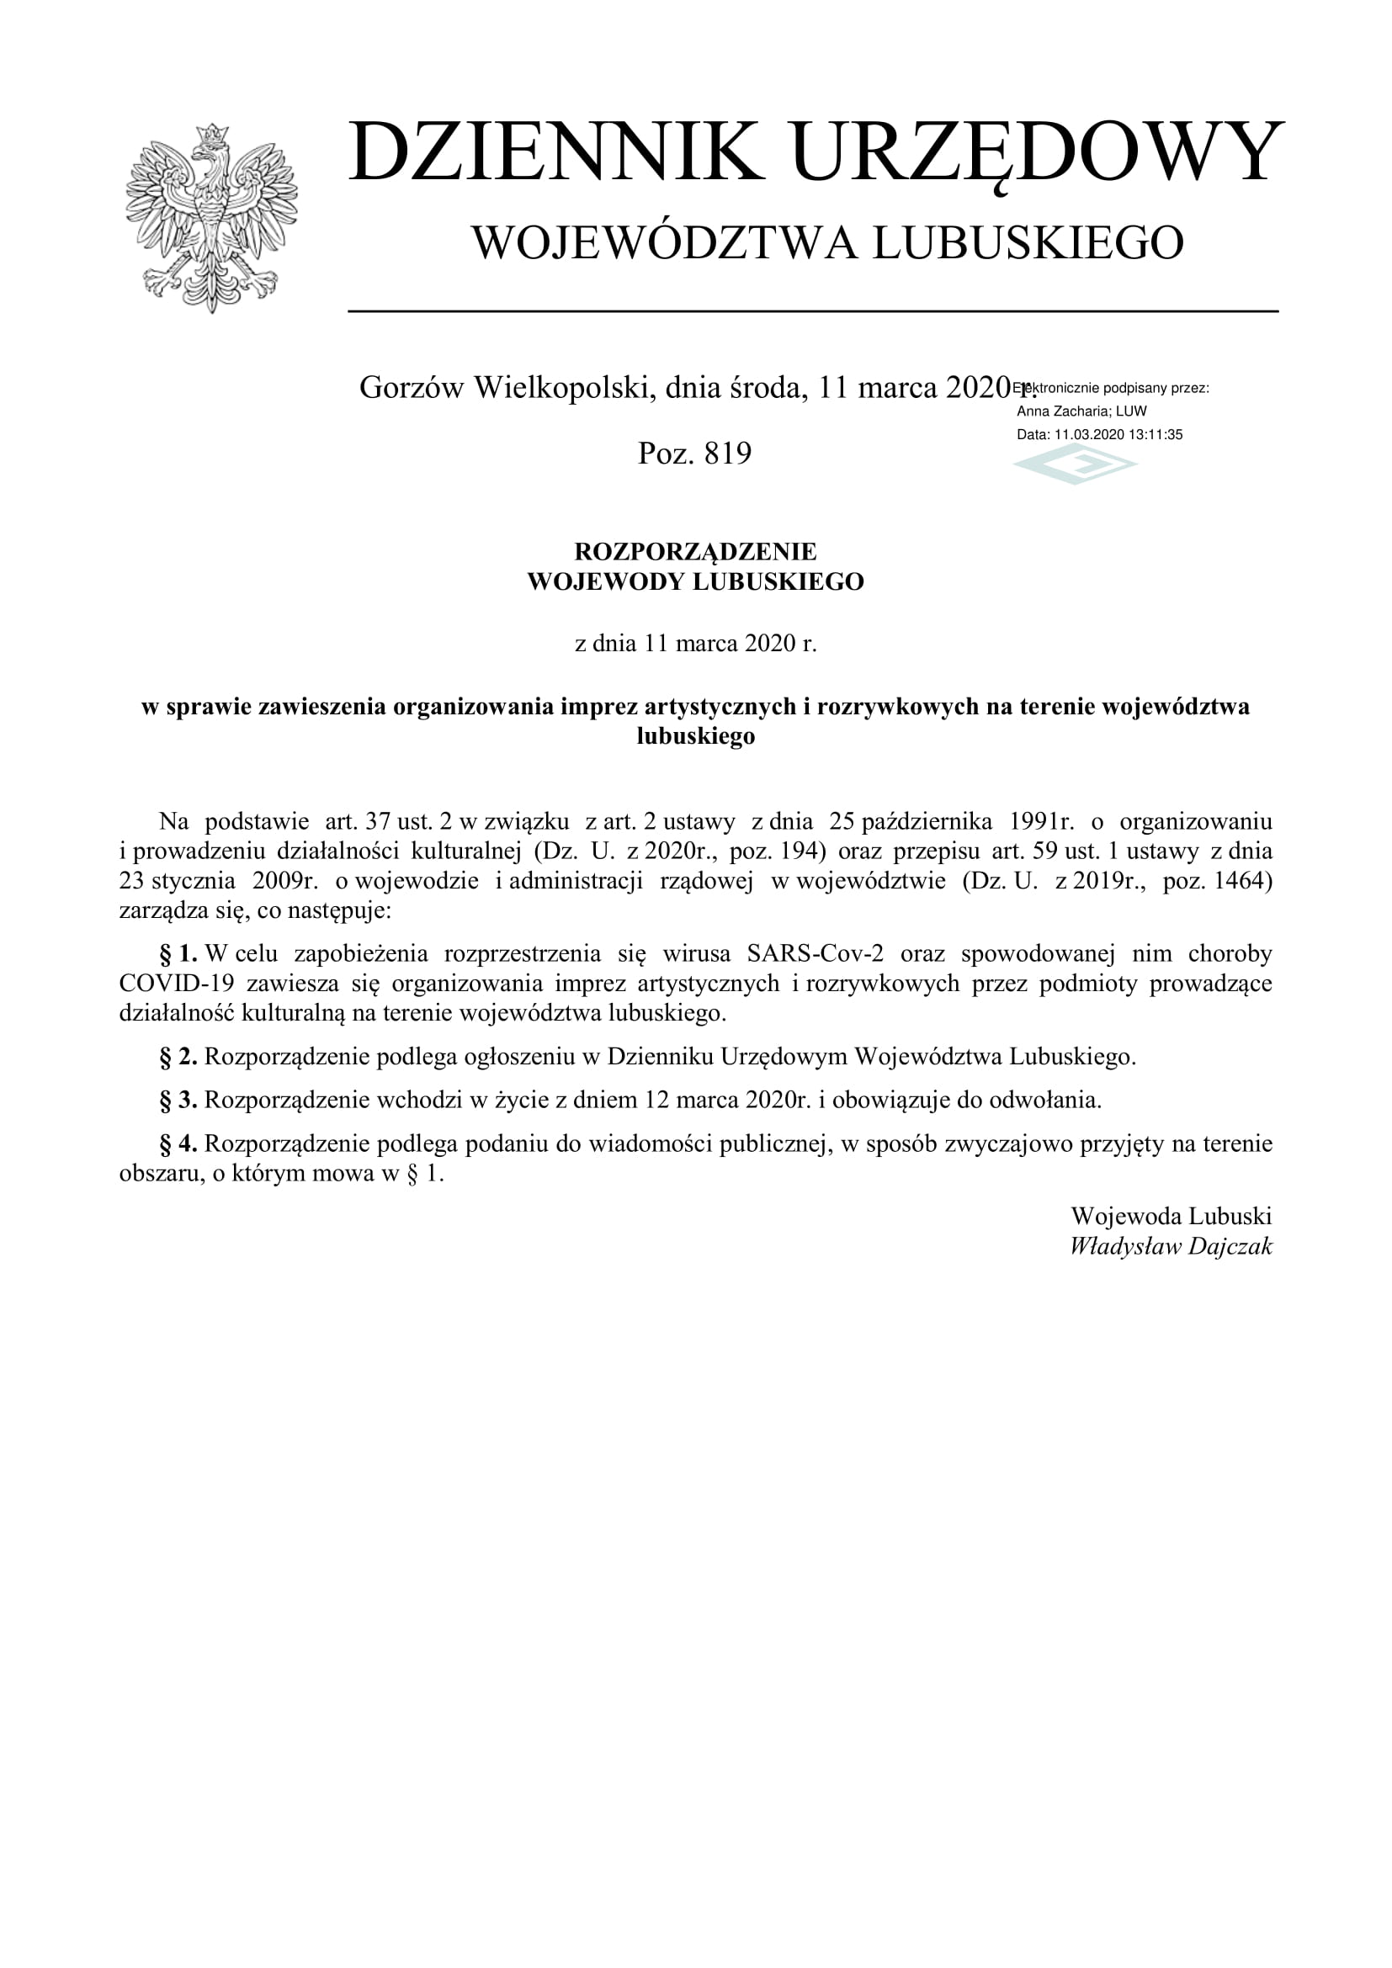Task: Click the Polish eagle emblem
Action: pyautogui.click(x=211, y=218)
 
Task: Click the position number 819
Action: pyautogui.click(x=728, y=454)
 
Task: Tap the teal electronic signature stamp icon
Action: pyautogui.click(x=1075, y=466)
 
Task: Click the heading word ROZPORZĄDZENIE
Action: pyautogui.click(x=695, y=551)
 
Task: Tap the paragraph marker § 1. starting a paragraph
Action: pyautogui.click(x=178, y=954)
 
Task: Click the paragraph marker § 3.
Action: pyautogui.click(x=178, y=1101)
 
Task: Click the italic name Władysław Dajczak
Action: pyautogui.click(x=1171, y=1246)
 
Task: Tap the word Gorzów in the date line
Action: pyautogui.click(x=412, y=388)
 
